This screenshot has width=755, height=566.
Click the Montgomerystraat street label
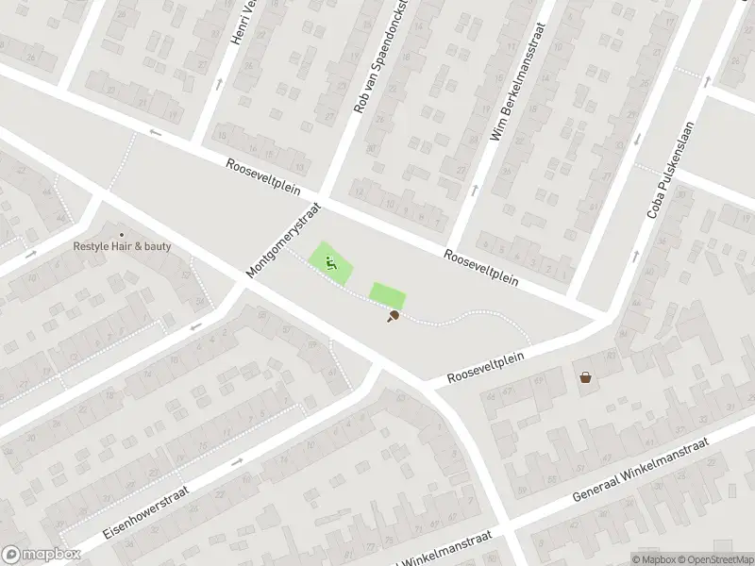pyautogui.click(x=283, y=241)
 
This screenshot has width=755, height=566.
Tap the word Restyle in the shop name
pyautogui.click(x=92, y=247)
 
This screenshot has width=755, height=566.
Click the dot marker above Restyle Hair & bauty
pyautogui.click(x=121, y=235)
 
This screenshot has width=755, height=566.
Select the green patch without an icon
pyautogui.click(x=387, y=295)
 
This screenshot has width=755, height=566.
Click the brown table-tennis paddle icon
pyautogui.click(x=392, y=317)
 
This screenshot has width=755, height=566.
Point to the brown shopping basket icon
pyautogui.click(x=586, y=377)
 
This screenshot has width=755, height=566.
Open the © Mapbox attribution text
pyautogui.click(x=652, y=559)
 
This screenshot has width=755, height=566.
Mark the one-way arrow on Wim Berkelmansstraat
pyautogui.click(x=474, y=191)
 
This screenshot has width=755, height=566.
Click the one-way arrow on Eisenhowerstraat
pyautogui.click(x=236, y=462)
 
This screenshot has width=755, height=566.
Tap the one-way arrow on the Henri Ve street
pyautogui.click(x=219, y=84)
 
